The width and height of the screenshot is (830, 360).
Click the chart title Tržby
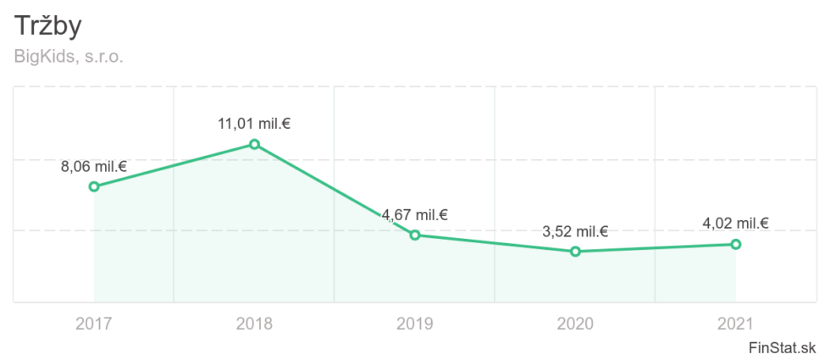pyautogui.click(x=48, y=26)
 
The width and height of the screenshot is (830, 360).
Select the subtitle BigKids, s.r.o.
pyautogui.click(x=69, y=58)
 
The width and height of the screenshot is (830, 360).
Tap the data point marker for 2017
pyautogui.click(x=94, y=186)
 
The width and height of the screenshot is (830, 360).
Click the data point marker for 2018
pyautogui.click(x=254, y=144)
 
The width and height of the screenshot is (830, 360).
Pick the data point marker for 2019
pyautogui.click(x=415, y=235)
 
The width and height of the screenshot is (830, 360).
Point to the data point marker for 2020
pyautogui.click(x=575, y=252)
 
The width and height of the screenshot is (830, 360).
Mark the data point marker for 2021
pyautogui.click(x=736, y=244)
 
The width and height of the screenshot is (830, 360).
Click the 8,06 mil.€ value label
pyautogui.click(x=93, y=167)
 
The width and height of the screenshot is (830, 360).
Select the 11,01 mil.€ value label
pyautogui.click(x=254, y=124)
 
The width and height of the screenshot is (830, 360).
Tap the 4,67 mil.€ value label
pyautogui.click(x=415, y=215)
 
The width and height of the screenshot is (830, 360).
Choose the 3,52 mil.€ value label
pyautogui.click(x=575, y=232)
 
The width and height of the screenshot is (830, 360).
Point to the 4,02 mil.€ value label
pyautogui.click(x=736, y=224)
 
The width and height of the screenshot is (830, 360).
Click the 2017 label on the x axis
pyautogui.click(x=94, y=323)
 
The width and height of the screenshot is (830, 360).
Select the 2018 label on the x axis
pyautogui.click(x=254, y=323)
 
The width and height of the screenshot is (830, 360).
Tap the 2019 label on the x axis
pyautogui.click(x=415, y=323)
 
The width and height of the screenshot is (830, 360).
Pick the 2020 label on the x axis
pyautogui.click(x=575, y=323)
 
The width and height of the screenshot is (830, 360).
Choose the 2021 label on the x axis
pyautogui.click(x=736, y=323)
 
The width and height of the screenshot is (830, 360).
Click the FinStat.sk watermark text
pyautogui.click(x=783, y=347)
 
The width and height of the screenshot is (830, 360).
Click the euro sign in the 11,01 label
pyautogui.click(x=286, y=124)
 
